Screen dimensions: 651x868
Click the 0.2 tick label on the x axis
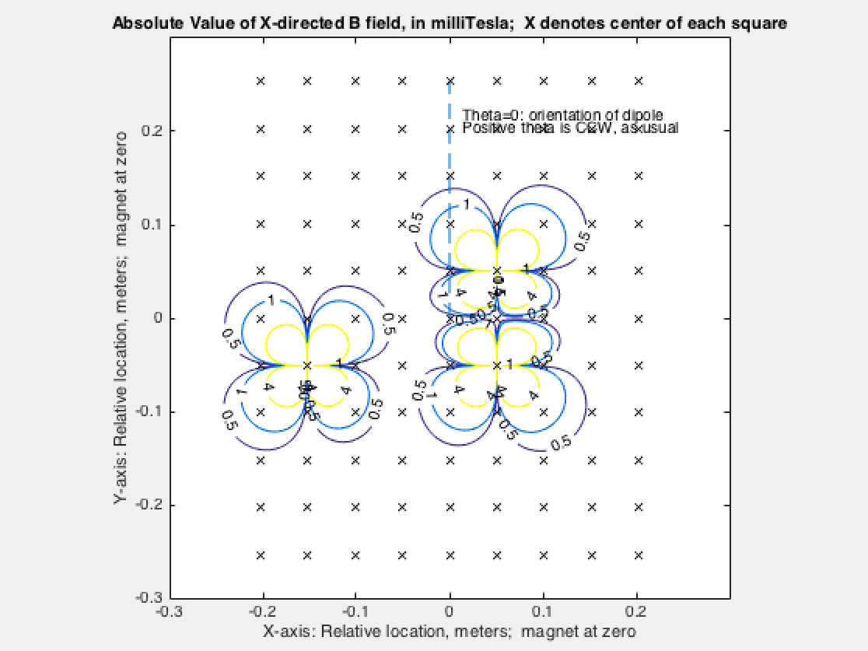(638, 611)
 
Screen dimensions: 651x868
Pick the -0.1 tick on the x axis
(355, 611)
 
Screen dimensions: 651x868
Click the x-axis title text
(450, 631)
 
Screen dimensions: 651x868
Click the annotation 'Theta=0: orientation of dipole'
(562, 115)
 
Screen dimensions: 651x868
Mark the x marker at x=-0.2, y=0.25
(261, 80)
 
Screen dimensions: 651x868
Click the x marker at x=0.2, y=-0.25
(639, 555)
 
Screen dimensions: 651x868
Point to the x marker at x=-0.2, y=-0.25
(261, 555)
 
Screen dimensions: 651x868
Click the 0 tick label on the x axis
(450, 611)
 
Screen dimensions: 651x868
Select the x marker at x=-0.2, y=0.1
(261, 224)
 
